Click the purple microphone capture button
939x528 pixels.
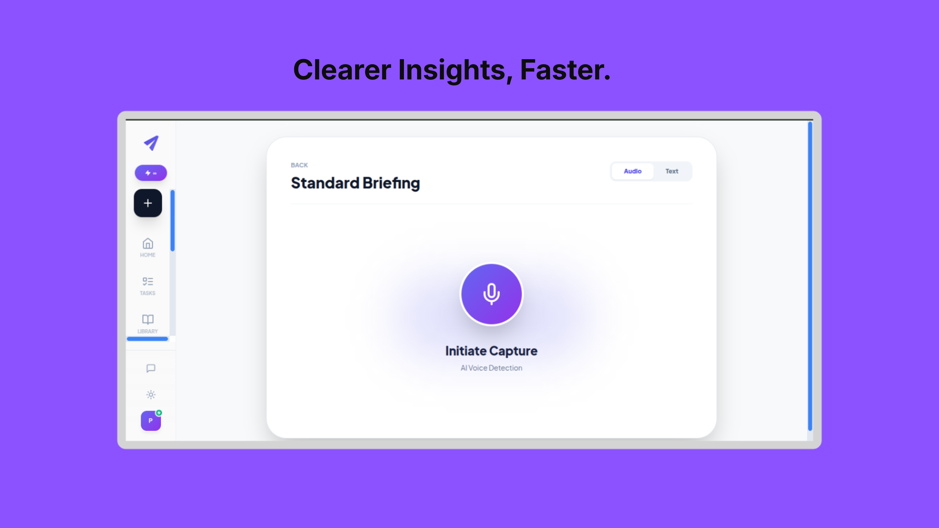tap(491, 294)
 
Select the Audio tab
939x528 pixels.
tap(632, 171)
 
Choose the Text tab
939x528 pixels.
tap(671, 171)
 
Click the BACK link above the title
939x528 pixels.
tap(299, 165)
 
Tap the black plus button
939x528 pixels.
tap(148, 203)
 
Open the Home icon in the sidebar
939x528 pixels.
tap(148, 243)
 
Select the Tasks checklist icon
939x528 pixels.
tap(148, 281)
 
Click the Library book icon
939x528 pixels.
tap(148, 319)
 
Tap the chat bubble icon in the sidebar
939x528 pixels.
tap(151, 368)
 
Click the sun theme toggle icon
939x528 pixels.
tap(151, 395)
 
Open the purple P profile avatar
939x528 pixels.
tap(151, 421)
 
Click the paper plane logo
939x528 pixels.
tap(151, 143)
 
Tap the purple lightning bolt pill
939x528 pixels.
tap(151, 173)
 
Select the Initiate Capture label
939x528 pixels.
tap(491, 351)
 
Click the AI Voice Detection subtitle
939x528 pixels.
tap(491, 368)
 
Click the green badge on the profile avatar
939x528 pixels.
tap(159, 413)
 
